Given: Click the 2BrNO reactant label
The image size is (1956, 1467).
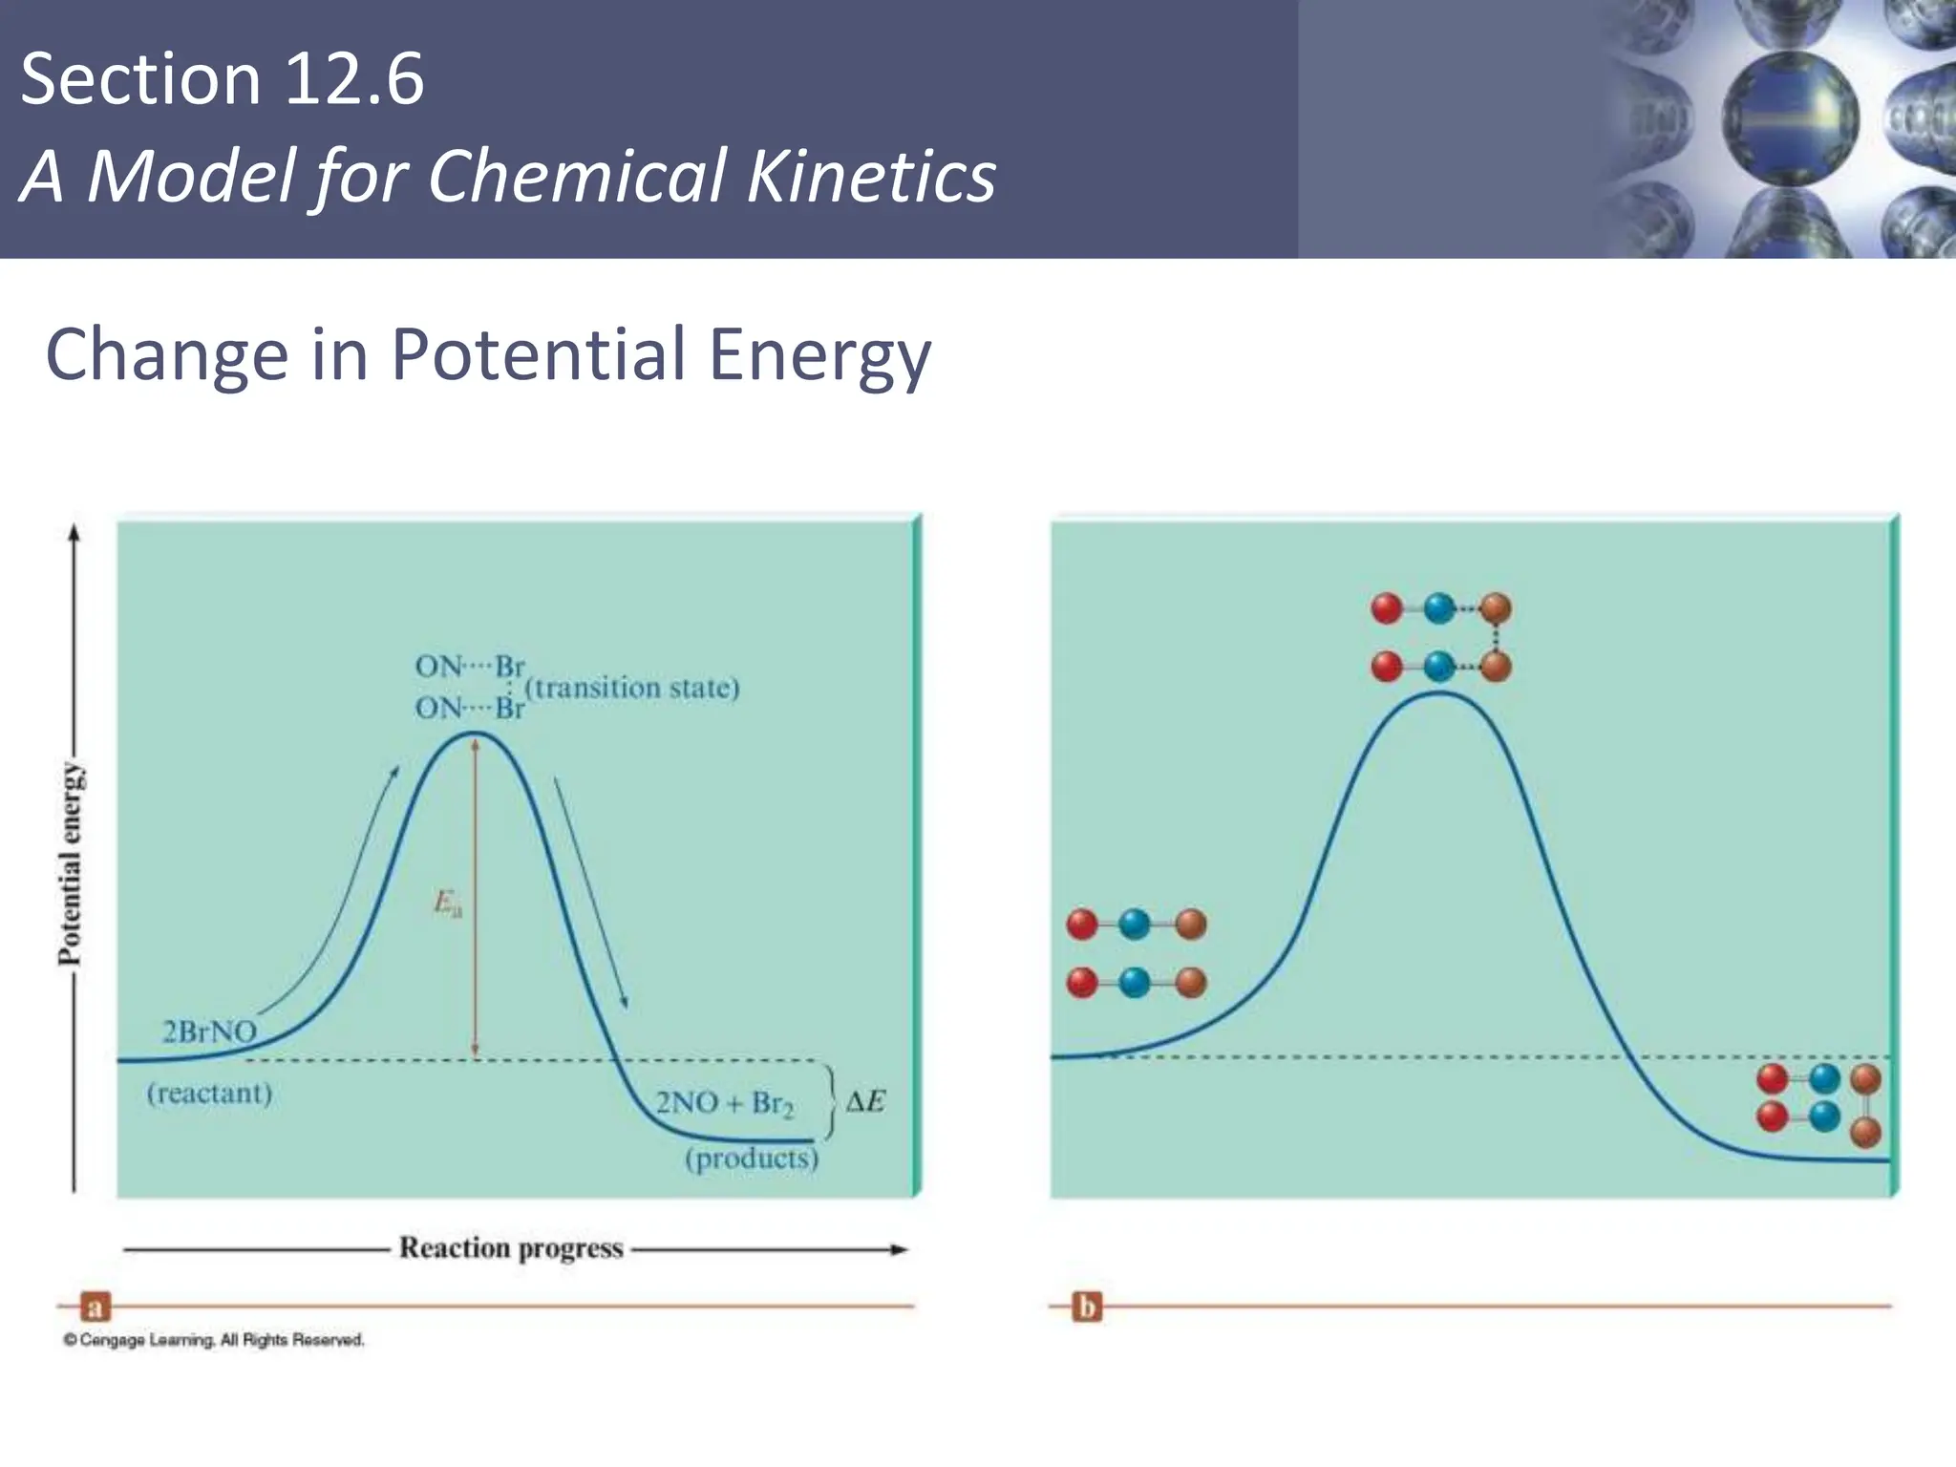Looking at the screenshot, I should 209,1031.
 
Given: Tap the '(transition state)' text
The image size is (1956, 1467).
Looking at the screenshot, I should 632,688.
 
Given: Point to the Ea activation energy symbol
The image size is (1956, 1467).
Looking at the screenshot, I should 447,903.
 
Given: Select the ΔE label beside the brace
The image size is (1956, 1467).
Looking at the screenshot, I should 865,1102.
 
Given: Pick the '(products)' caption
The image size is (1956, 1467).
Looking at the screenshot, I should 752,1159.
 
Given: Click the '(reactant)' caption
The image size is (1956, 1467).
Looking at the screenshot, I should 209,1093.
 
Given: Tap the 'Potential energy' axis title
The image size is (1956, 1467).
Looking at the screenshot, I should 71,863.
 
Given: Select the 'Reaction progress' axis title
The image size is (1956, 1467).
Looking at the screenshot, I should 511,1248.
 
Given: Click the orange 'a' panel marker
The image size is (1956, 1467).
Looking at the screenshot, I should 95,1306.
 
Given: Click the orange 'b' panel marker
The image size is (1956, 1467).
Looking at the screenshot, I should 1087,1306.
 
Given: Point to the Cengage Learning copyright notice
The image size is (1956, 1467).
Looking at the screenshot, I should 214,1340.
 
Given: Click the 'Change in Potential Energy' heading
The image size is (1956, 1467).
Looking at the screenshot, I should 488,354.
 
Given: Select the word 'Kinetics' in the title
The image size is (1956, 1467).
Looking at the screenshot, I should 871,178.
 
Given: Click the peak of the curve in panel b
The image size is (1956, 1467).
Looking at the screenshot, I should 1439,692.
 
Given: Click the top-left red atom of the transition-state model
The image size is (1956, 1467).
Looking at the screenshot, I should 1386,608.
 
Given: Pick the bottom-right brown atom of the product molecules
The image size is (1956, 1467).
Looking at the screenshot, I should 1865,1133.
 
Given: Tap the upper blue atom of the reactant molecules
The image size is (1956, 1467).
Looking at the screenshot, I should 1134,924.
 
